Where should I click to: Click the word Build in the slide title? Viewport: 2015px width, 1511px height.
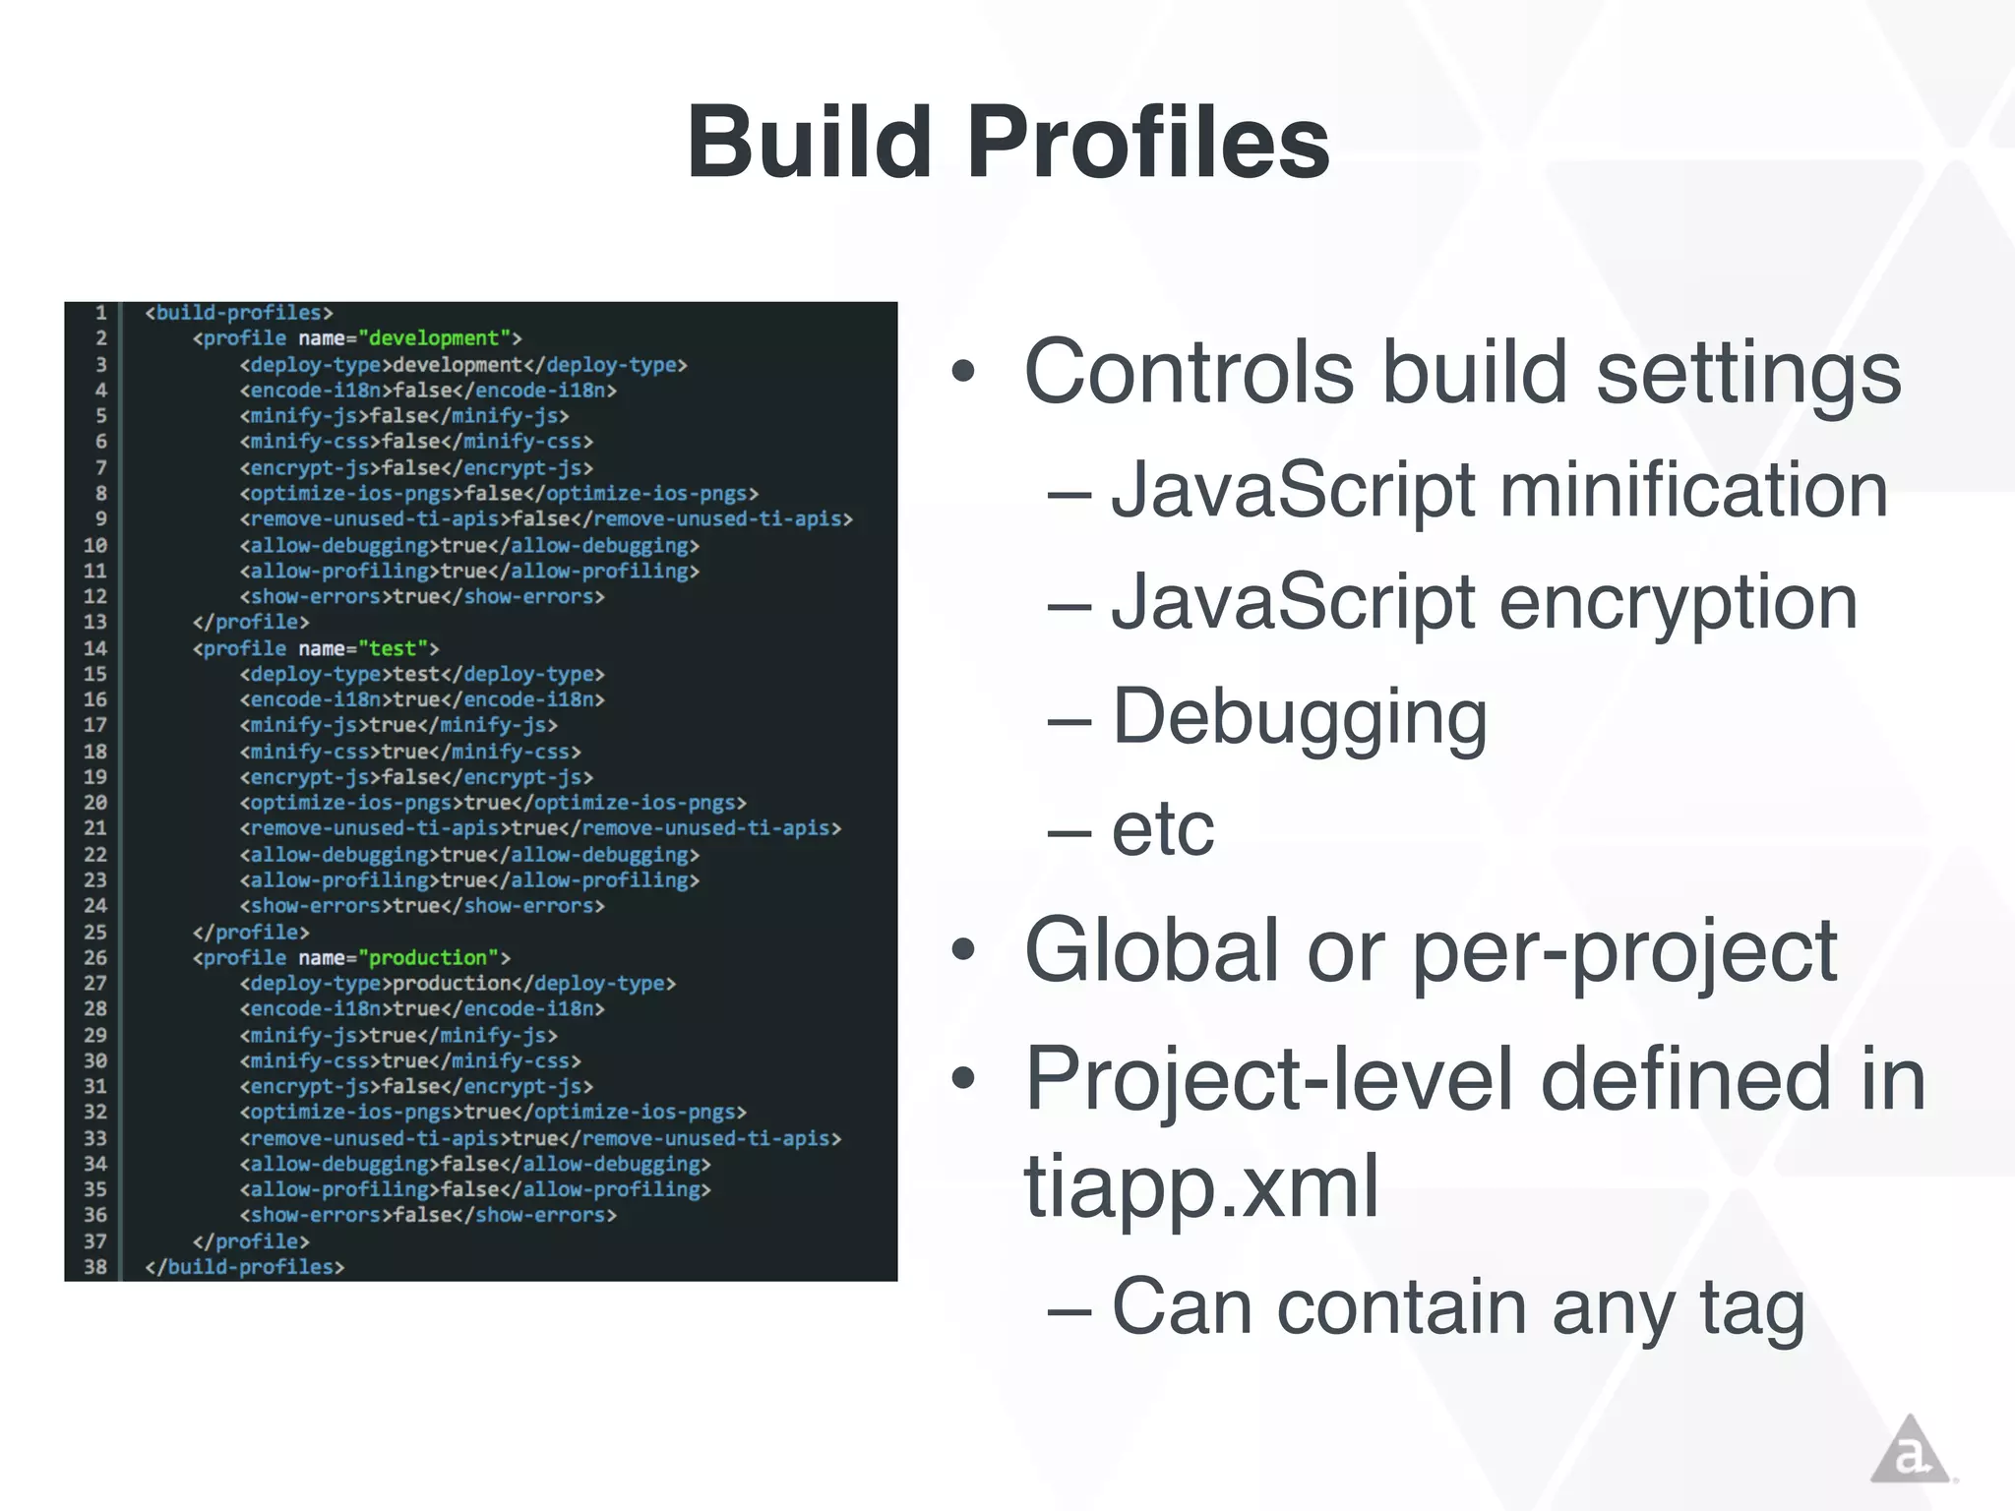tap(810, 144)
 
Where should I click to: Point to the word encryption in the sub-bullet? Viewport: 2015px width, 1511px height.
tap(1679, 603)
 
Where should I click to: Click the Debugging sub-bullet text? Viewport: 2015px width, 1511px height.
tap(1299, 718)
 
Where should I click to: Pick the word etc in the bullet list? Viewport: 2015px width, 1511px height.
tap(1163, 829)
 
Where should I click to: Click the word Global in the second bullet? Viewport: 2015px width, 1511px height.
tap(1152, 950)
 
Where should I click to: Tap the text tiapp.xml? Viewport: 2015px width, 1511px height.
tap(1200, 1186)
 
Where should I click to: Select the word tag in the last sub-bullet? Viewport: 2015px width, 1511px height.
tap(1752, 1308)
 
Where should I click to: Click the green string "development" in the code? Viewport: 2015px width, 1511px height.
tap(434, 338)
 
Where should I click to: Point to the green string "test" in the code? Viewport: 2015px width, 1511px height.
tap(393, 648)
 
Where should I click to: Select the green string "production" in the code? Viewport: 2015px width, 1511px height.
tap(428, 957)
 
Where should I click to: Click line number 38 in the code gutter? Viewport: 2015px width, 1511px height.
tap(95, 1267)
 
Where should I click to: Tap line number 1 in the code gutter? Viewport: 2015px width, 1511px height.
tap(100, 313)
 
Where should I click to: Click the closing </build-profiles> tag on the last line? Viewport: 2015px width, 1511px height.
tap(245, 1267)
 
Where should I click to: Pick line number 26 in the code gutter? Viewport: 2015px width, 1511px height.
tap(95, 957)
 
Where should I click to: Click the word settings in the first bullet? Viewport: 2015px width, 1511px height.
tap(1748, 374)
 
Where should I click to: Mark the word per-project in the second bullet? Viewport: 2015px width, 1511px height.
tap(1624, 952)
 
